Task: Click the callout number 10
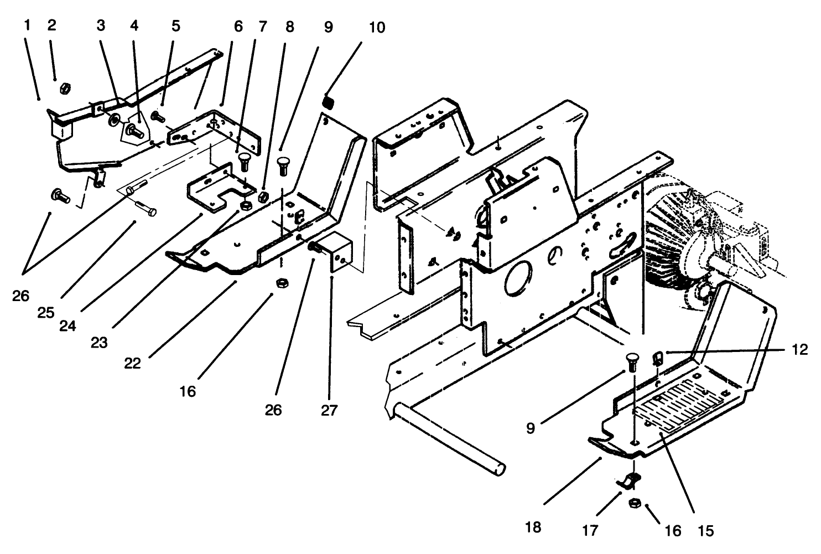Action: point(377,27)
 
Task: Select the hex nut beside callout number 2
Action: point(64,87)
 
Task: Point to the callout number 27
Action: point(331,410)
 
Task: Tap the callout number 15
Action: point(706,531)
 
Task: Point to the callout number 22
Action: point(133,364)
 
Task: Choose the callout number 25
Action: point(46,313)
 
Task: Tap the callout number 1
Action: point(28,25)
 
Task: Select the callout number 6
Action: point(238,26)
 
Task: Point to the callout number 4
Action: point(134,26)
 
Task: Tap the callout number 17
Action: point(590,531)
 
